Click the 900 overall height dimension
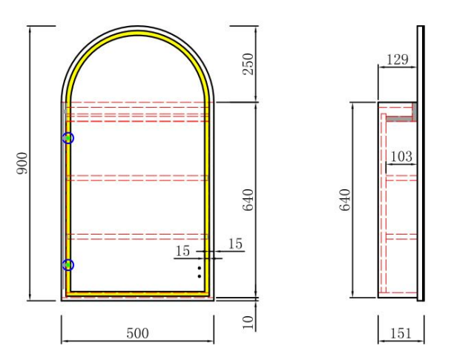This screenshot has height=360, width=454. (x=22, y=163)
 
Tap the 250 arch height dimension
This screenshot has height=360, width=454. (x=248, y=64)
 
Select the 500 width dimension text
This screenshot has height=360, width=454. (x=137, y=333)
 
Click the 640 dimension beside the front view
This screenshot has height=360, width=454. (x=248, y=200)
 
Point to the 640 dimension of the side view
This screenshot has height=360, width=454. (x=345, y=200)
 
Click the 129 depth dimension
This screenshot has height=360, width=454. (x=398, y=59)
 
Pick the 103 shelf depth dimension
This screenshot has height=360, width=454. (x=401, y=157)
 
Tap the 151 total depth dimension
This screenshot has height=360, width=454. (x=401, y=333)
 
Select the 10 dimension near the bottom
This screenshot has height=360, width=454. (x=248, y=322)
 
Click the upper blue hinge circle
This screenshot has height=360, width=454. (x=68, y=138)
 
